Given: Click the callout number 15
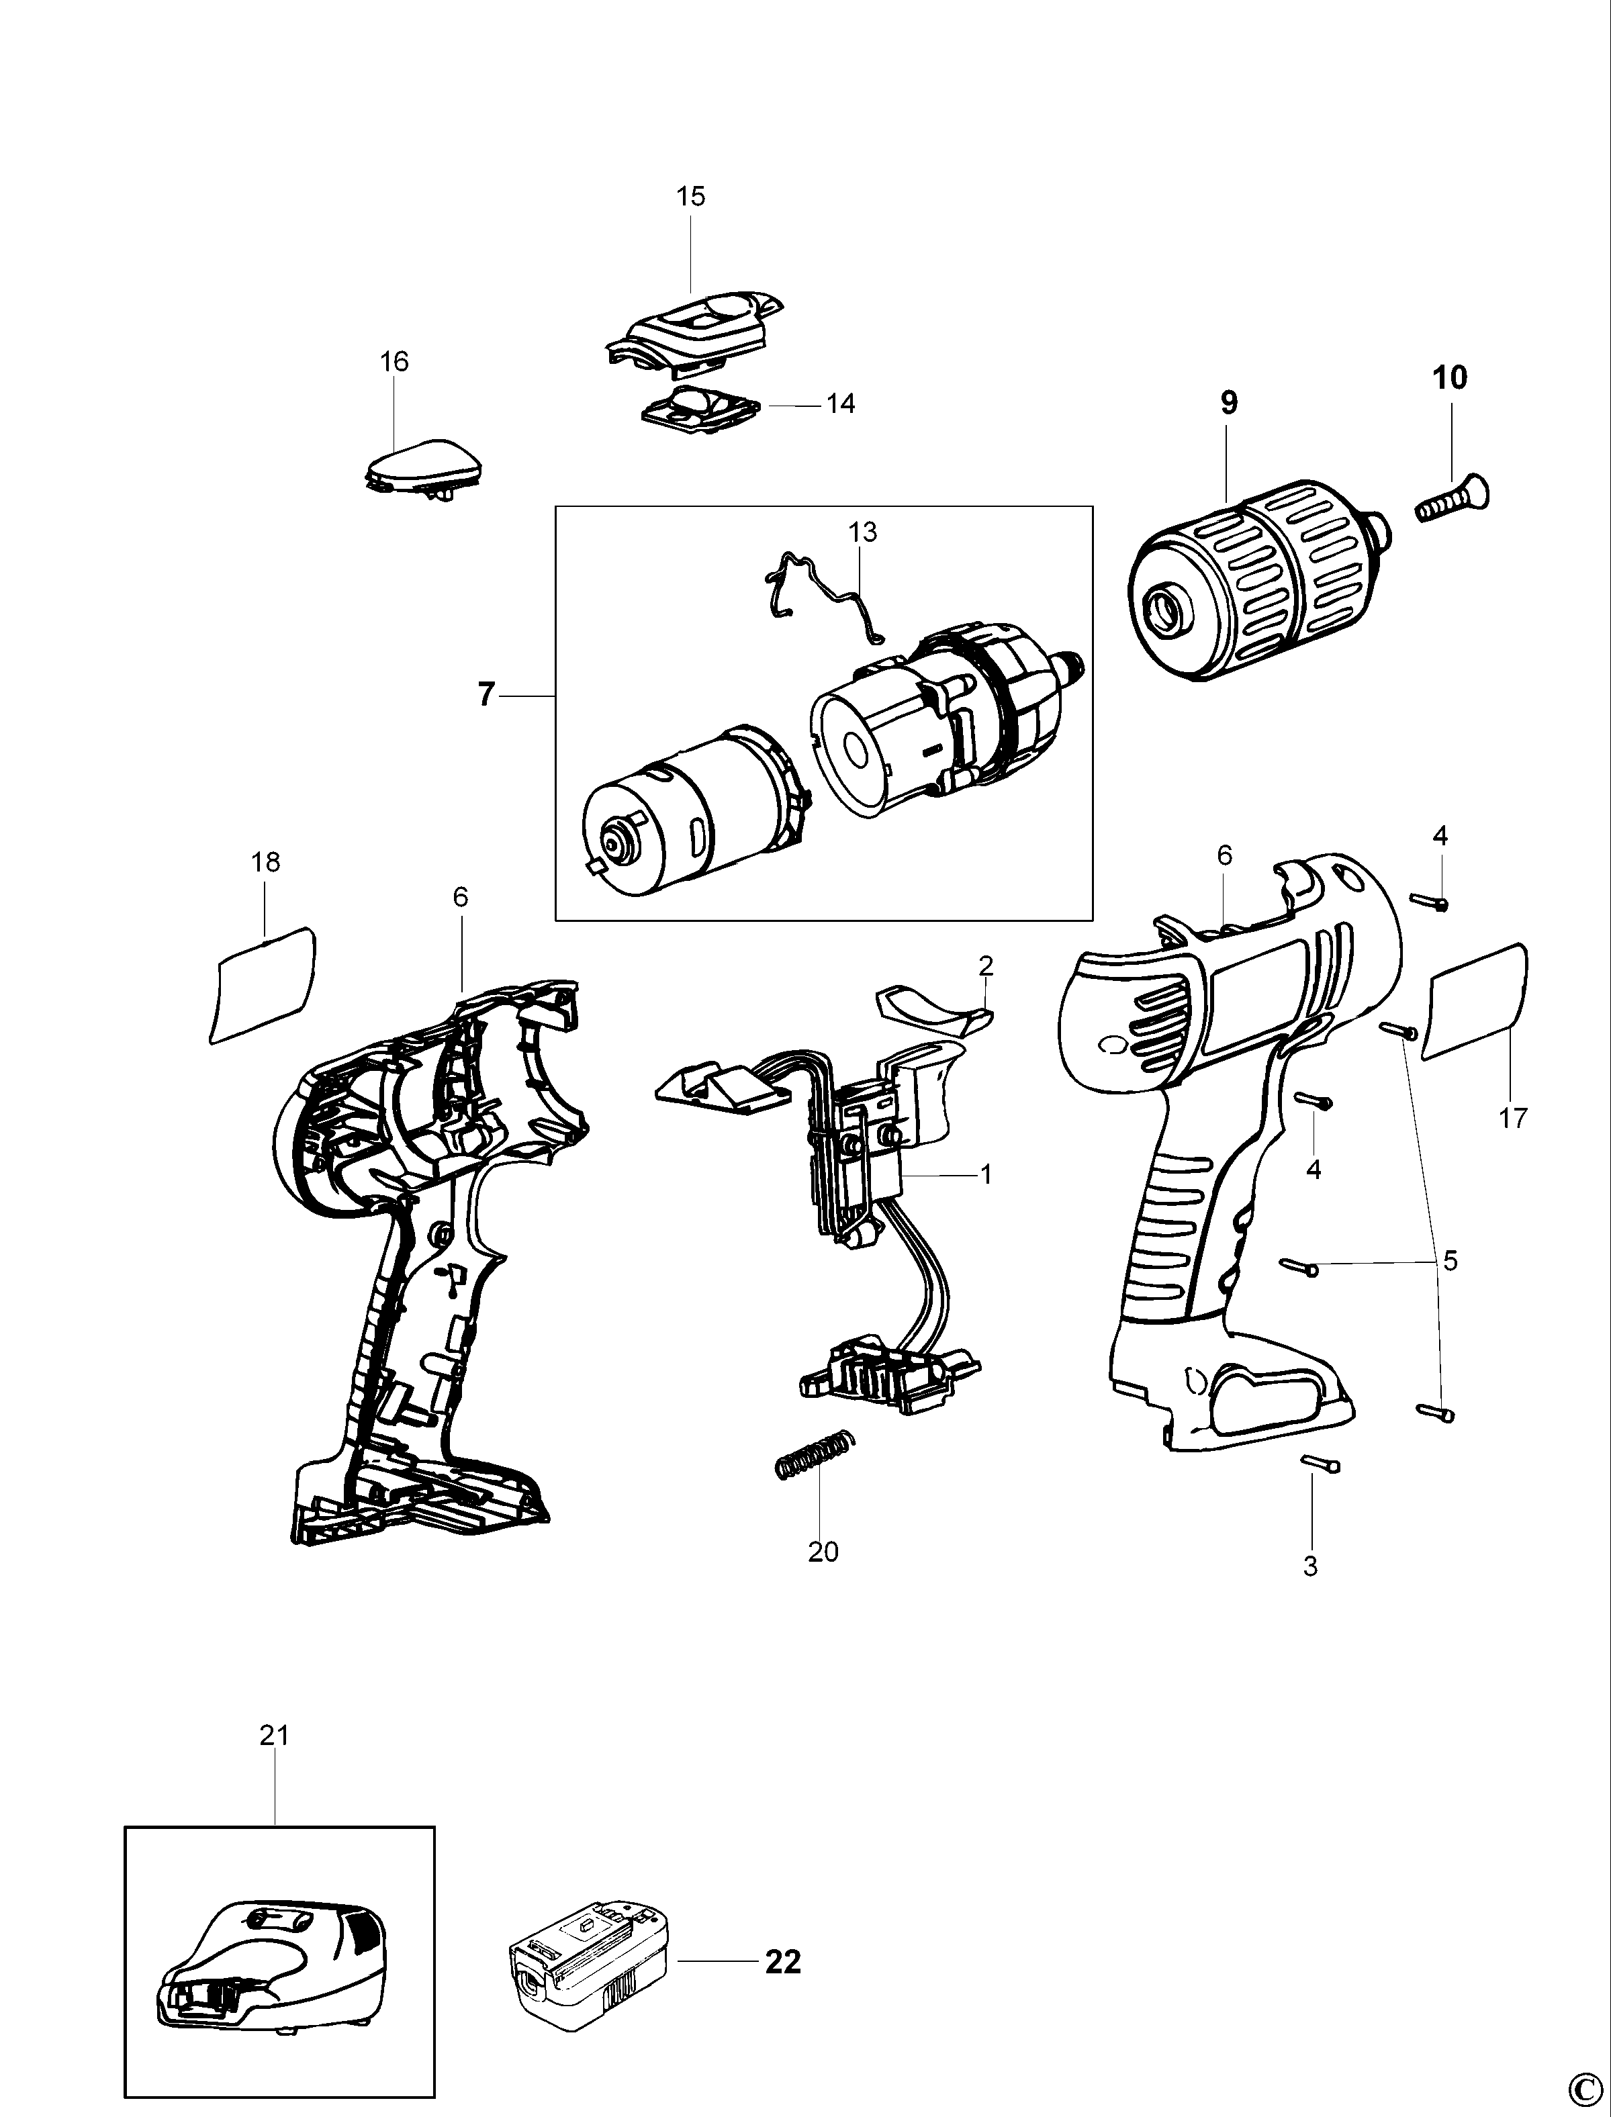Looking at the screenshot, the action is [690, 197].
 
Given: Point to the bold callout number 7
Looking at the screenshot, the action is [487, 694].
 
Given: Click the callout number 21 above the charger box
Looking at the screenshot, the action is [274, 1736].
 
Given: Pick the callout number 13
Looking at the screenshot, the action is [863, 532].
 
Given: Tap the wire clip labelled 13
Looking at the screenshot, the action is [827, 594].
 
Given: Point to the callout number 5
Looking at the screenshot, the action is [1449, 1261].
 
